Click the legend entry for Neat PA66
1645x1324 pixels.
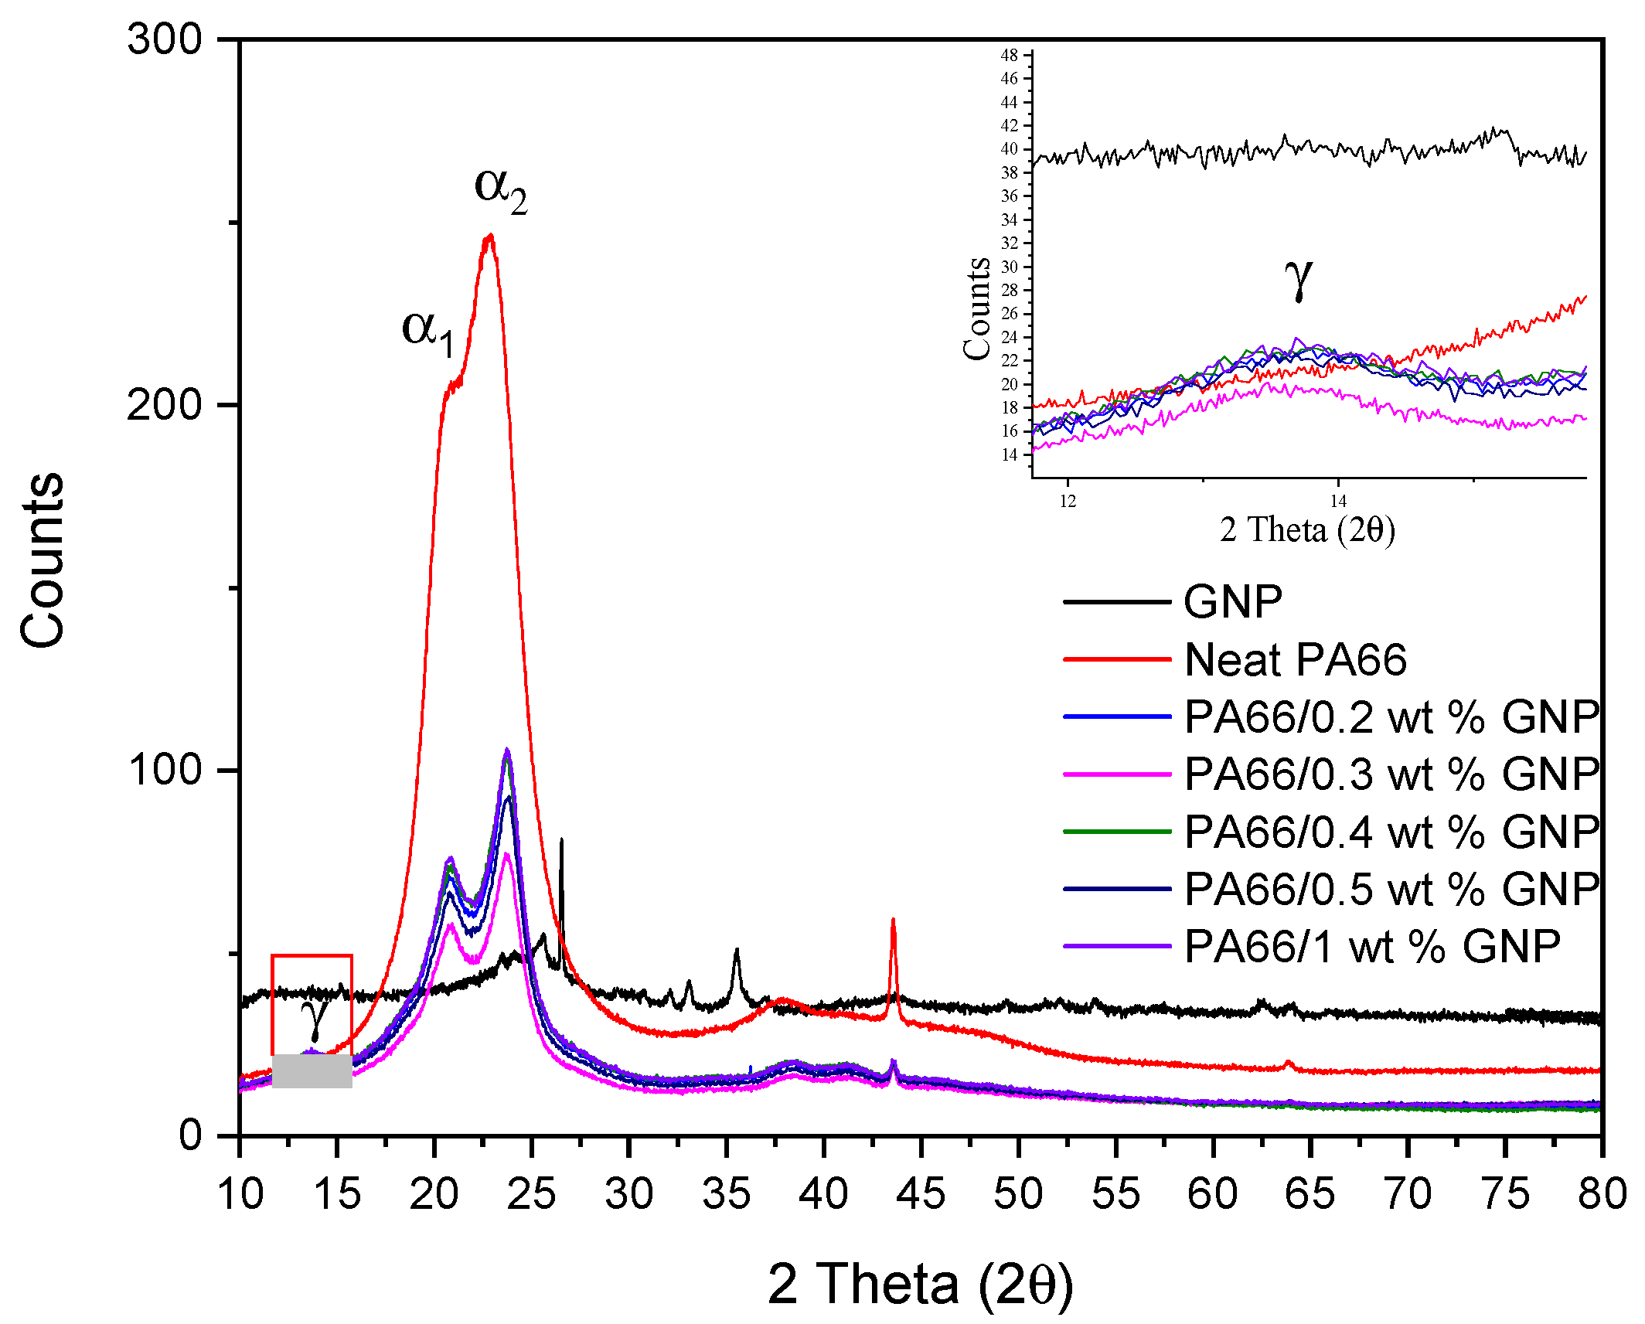coord(1295,659)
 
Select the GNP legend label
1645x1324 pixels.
coord(1233,601)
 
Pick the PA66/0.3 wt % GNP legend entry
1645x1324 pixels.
coord(1391,774)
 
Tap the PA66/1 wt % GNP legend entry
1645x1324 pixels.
coord(1372,946)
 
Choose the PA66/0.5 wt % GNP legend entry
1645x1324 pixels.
coord(1391,889)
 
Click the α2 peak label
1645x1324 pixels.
coord(500,189)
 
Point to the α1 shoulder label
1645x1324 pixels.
coord(427,332)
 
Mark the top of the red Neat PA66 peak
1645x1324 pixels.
coord(489,237)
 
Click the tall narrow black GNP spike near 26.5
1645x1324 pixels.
coord(561,842)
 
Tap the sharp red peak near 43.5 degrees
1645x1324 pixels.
coord(893,921)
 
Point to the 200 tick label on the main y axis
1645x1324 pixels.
coord(165,404)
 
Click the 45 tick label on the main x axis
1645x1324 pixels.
coord(921,1194)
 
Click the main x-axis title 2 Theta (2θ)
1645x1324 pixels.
coord(920,1285)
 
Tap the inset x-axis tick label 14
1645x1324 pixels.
coord(1338,502)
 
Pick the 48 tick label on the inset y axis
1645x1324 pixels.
coord(1009,55)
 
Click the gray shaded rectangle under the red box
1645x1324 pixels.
coord(312,1071)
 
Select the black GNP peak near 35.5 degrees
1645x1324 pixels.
coord(736,953)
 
